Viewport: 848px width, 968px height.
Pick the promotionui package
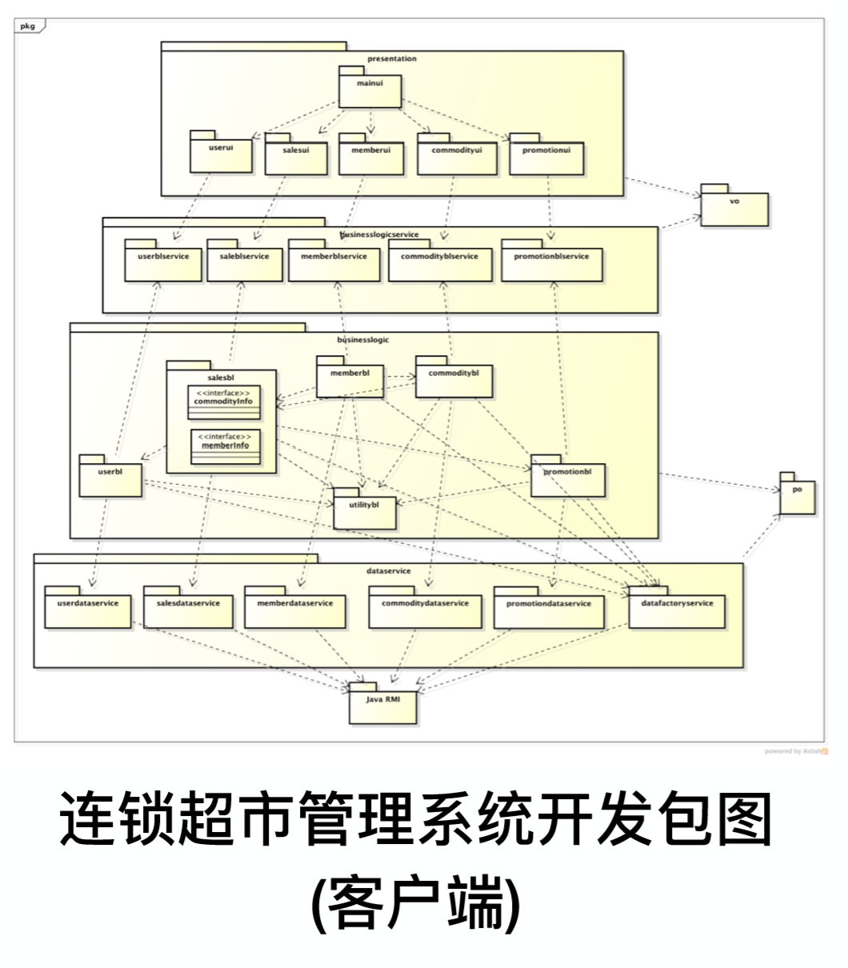(x=546, y=156)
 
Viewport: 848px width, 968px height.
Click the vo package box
(x=734, y=208)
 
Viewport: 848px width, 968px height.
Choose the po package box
(x=797, y=496)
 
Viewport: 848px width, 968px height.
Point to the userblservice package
(x=162, y=262)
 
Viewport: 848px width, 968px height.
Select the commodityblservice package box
(x=440, y=262)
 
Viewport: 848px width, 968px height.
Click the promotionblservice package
(x=551, y=262)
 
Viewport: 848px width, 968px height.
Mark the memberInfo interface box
(x=226, y=446)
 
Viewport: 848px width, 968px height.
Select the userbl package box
(x=110, y=478)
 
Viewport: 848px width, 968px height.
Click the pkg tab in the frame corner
(x=29, y=26)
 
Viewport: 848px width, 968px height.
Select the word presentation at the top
(x=392, y=58)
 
